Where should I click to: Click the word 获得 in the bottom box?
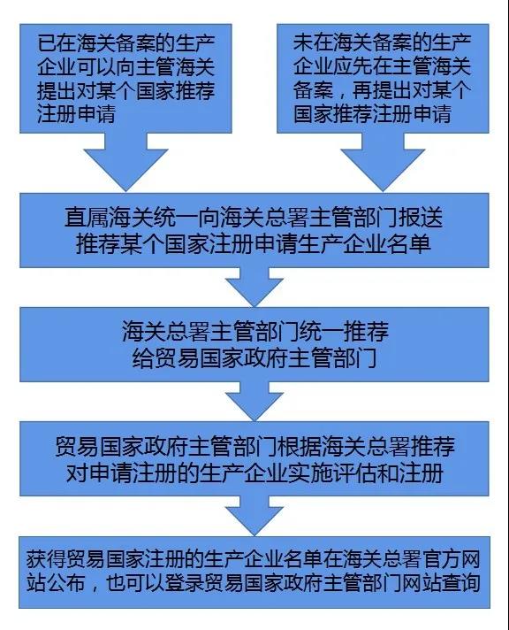click(46, 559)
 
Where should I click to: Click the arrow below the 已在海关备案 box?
click(125, 162)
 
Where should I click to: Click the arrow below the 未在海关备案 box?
click(383, 162)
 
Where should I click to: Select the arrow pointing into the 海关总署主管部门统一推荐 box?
click(254, 287)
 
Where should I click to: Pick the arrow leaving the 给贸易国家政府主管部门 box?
click(254, 401)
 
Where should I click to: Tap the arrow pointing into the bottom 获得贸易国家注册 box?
click(254, 516)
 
